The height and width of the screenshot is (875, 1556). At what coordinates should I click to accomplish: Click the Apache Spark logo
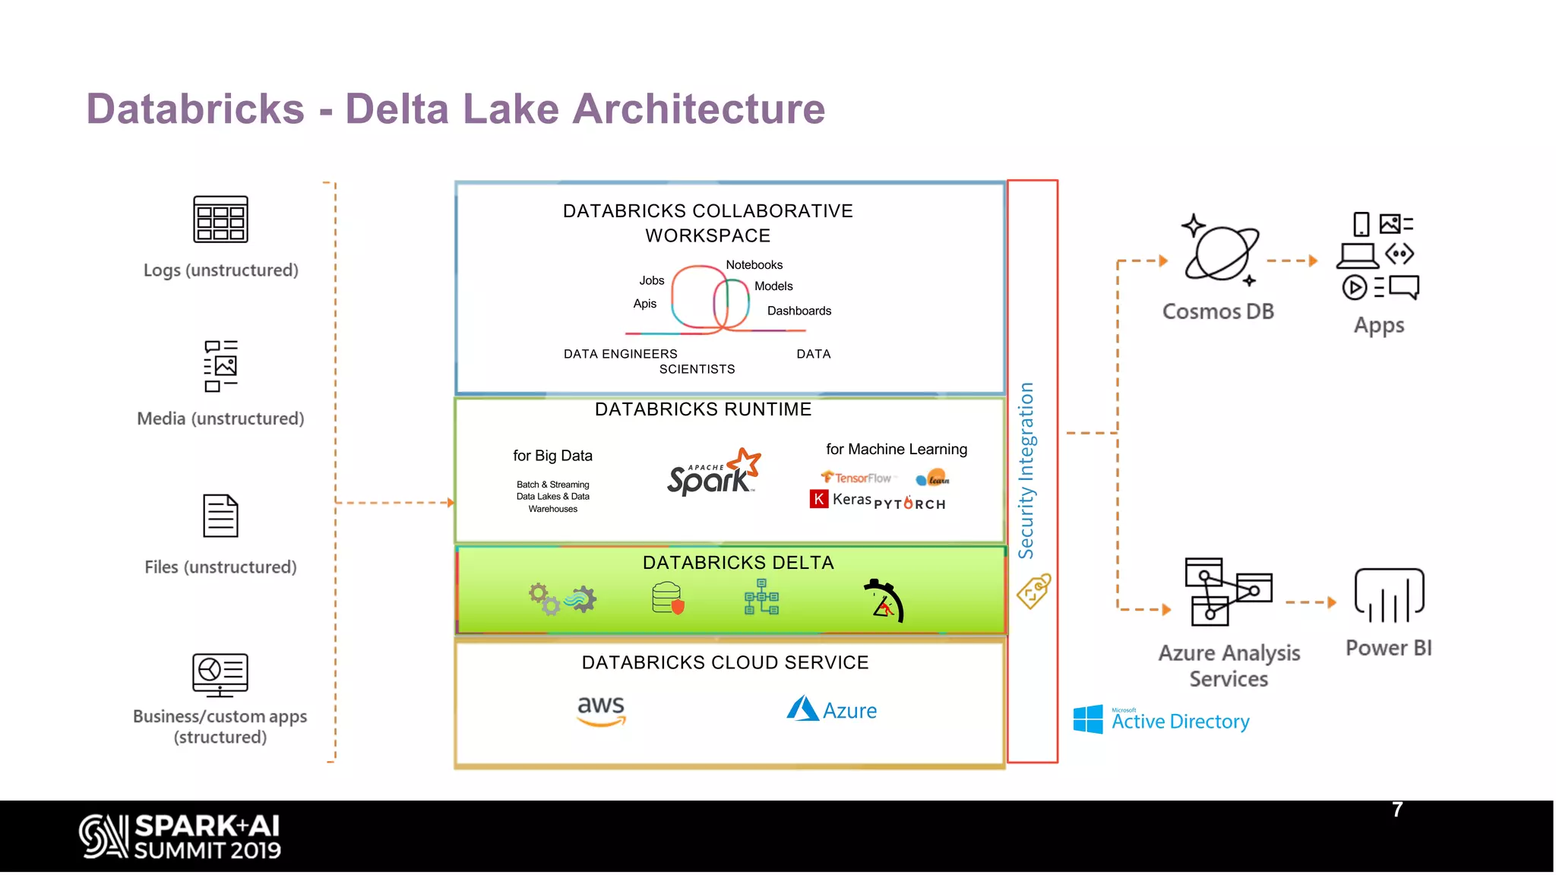[713, 473]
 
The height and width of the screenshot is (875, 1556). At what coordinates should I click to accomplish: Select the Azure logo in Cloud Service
[831, 709]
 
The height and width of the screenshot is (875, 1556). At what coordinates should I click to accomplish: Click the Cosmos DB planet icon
[1220, 252]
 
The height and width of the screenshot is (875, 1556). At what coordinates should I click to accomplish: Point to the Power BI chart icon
[1389, 595]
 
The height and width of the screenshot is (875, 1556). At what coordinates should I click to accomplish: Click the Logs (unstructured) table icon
[220, 220]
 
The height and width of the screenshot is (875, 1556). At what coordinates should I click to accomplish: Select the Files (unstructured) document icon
[220, 516]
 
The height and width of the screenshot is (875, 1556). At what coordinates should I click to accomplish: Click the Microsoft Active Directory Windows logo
[1088, 719]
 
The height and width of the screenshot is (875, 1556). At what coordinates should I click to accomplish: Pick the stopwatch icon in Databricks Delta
[884, 601]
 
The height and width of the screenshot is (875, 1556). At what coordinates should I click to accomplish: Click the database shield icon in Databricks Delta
[668, 599]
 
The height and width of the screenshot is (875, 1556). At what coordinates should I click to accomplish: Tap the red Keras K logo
[818, 499]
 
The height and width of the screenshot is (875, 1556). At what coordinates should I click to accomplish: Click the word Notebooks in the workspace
[754, 265]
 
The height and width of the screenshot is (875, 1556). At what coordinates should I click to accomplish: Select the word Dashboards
[799, 311]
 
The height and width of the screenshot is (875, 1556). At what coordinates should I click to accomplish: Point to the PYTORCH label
[909, 504]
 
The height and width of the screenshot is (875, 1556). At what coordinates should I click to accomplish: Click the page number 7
[1396, 810]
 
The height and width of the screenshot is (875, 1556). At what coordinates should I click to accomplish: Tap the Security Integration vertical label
[1026, 470]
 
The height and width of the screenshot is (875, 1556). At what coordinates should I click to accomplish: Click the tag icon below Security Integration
[1033, 592]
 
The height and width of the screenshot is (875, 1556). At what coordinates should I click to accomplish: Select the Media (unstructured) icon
[220, 366]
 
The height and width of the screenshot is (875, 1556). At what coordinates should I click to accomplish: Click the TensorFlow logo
[856, 478]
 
